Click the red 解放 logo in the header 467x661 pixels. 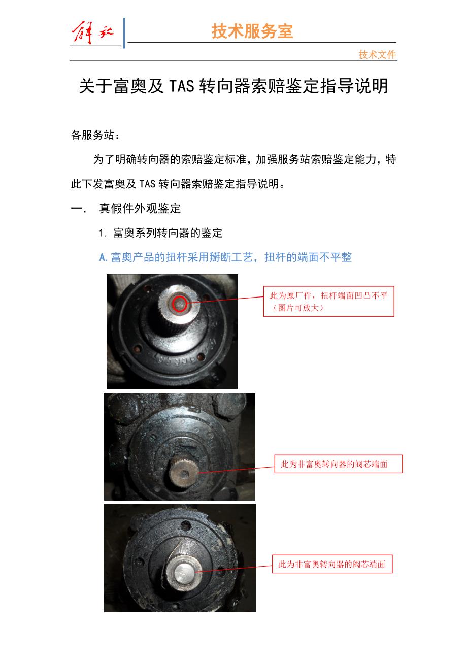point(92,32)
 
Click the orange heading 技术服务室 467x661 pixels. point(252,31)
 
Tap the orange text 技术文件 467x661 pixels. point(377,55)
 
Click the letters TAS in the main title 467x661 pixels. point(182,86)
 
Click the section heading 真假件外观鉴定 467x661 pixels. point(140,208)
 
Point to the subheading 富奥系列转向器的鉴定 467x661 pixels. point(168,233)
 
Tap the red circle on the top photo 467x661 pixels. point(179,304)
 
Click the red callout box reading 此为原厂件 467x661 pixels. point(328,301)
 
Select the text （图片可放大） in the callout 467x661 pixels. point(298,308)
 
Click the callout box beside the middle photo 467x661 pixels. point(339,464)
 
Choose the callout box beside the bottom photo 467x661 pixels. point(332,564)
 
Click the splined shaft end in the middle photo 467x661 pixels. point(183,474)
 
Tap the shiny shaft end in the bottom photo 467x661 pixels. point(183,572)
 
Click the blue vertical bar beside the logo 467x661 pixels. point(124,33)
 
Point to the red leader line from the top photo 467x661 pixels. point(225,300)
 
